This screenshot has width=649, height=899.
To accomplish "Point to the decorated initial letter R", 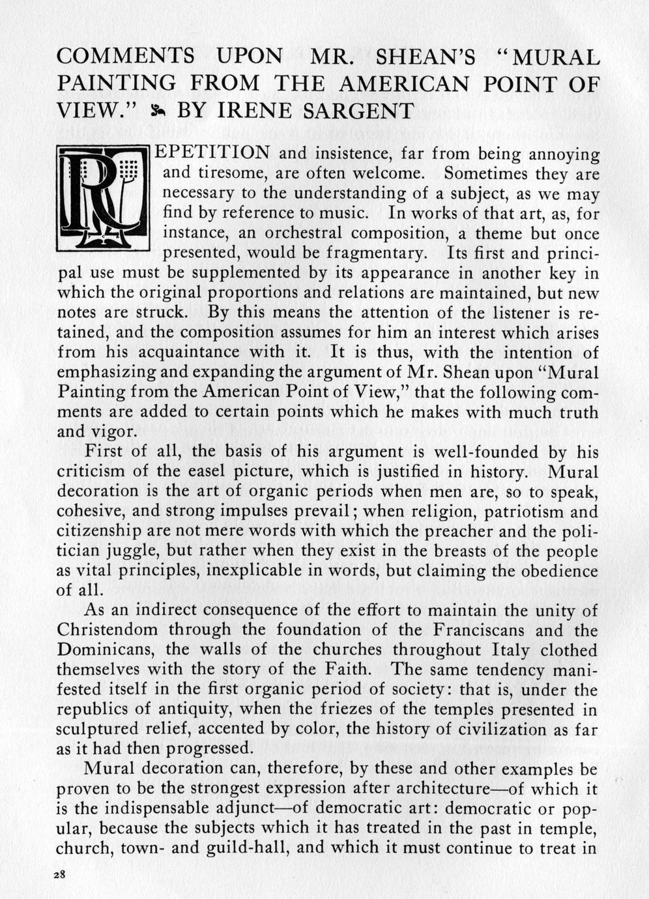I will (104, 198).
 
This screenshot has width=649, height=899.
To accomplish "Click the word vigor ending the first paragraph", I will (115, 432).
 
